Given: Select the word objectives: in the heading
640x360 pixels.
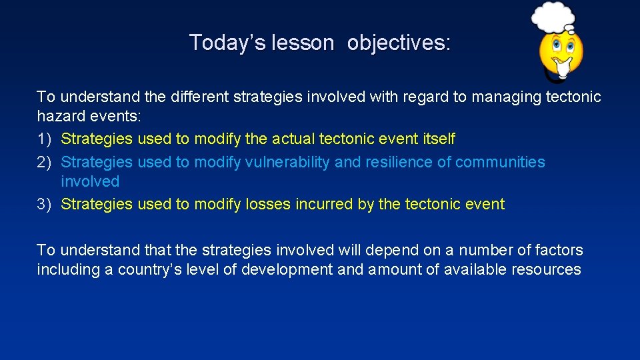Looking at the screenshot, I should pos(399,43).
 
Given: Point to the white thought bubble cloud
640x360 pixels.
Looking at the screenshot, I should pos(553,17).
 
